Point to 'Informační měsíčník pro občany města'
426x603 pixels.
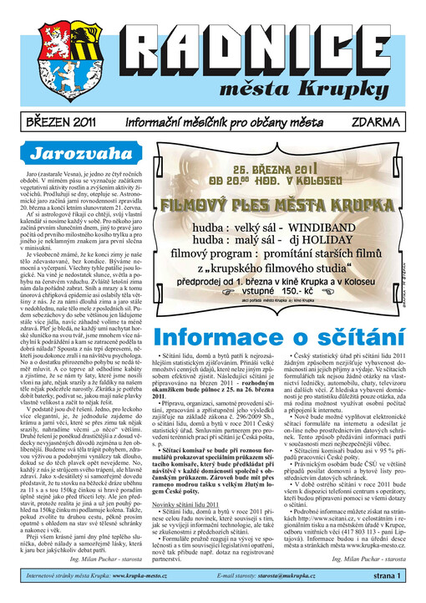[x=212, y=121]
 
